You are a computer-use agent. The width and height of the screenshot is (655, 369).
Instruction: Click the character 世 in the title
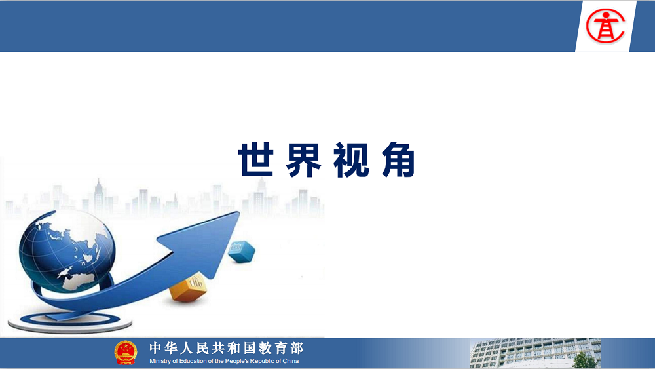click(256, 159)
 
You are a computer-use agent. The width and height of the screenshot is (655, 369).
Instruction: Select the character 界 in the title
click(304, 160)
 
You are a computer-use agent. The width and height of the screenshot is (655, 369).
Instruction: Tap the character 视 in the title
click(351, 160)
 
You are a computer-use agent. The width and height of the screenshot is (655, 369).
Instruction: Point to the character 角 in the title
click(398, 160)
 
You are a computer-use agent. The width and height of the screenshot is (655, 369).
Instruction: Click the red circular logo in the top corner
click(605, 26)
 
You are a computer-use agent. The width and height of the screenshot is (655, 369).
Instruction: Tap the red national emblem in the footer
click(126, 353)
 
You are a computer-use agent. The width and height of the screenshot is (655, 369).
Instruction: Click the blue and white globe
click(67, 251)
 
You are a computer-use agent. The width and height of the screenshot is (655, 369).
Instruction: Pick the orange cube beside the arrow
click(189, 288)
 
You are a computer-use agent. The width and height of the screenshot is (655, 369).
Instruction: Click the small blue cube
click(242, 252)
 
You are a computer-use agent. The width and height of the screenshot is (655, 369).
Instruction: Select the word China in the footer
click(291, 361)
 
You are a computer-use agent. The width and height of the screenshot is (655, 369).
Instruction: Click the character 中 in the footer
click(155, 347)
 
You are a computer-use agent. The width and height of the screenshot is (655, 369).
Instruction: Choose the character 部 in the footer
click(297, 347)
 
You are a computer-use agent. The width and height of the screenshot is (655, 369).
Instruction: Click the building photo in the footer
click(536, 353)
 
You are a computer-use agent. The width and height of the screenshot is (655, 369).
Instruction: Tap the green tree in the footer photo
click(584, 361)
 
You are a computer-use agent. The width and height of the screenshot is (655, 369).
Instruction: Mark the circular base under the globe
click(70, 322)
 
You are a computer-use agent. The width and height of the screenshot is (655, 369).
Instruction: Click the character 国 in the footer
click(250, 347)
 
